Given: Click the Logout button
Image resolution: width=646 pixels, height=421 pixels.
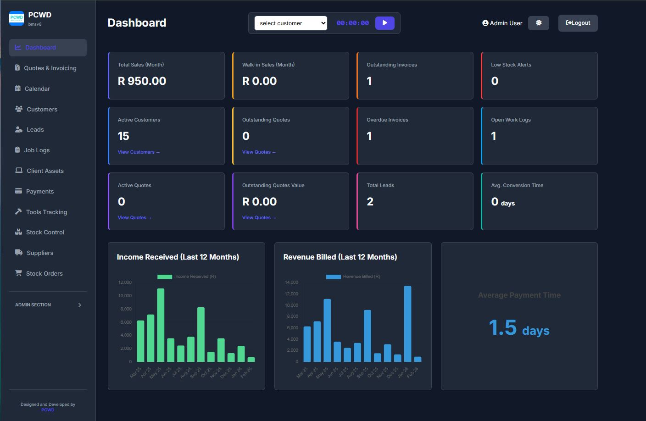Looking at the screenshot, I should [578, 23].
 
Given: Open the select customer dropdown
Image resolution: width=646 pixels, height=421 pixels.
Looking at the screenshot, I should [291, 23].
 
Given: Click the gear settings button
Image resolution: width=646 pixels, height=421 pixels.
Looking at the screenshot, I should [538, 23].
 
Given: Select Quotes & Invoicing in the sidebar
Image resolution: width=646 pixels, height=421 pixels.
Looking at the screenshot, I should [50, 68].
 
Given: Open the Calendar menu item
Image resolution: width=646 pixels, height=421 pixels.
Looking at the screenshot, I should [37, 89].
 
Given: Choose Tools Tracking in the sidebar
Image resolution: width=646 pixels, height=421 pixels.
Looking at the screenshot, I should [46, 212].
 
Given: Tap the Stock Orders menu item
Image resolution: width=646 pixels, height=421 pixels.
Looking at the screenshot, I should [44, 273].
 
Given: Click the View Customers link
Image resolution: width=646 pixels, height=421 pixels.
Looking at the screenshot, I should [139, 152].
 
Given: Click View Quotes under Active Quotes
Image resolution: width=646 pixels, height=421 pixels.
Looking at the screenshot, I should [134, 218].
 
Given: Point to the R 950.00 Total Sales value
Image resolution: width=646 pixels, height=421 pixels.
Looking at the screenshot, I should [142, 81].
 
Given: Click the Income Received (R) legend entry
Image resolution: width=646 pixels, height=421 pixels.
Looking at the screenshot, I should [187, 277].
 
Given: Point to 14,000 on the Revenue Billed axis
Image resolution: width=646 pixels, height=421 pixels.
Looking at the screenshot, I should [291, 283].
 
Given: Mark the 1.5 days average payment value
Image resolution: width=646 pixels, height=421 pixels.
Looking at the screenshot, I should [519, 328].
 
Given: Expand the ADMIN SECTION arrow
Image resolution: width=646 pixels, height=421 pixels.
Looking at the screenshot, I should [79, 305].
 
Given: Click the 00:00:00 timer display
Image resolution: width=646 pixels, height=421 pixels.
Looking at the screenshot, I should [352, 23].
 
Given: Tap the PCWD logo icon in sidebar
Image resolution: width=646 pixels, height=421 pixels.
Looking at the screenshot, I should [17, 18].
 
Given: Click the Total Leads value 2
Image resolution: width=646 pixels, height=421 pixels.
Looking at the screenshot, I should [370, 202].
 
